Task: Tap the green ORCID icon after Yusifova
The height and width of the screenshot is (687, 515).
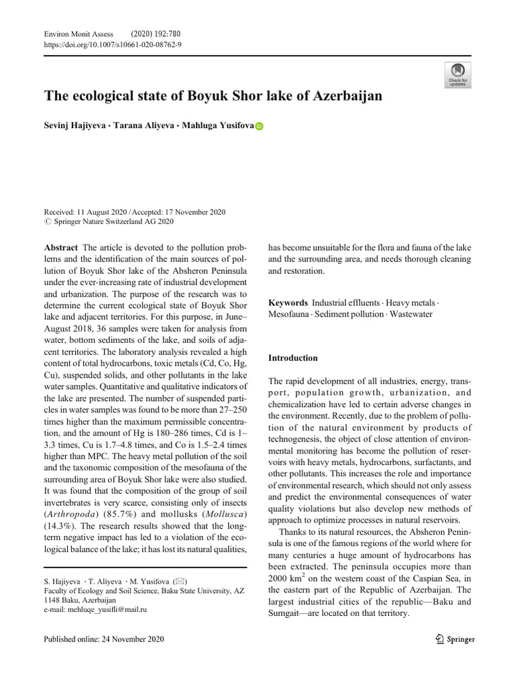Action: [x=260, y=126]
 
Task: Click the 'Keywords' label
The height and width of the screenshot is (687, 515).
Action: [x=288, y=303]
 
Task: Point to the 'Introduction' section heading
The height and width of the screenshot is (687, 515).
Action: [x=293, y=358]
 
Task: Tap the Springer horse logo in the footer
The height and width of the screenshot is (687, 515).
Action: [x=439, y=639]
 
